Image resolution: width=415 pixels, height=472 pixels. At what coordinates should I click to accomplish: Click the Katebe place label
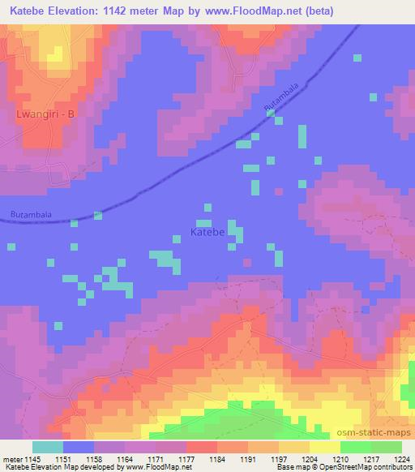(x=207, y=231)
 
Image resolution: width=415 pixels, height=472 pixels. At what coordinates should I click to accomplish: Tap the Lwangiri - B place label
(x=45, y=114)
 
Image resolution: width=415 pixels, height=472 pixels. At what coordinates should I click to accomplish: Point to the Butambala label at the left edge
(x=31, y=214)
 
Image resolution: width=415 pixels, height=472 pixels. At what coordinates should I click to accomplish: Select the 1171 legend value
(x=174, y=459)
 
